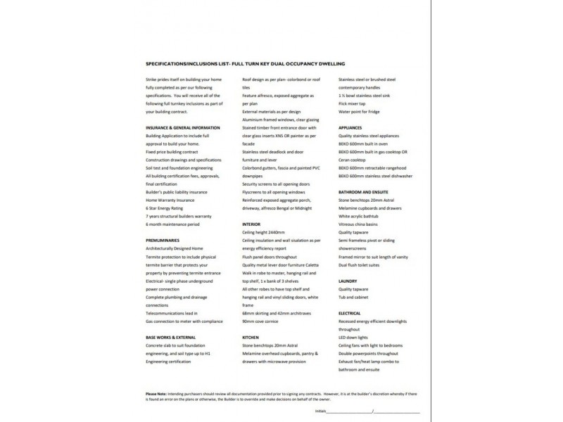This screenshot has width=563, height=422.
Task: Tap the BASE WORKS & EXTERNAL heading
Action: coord(170,338)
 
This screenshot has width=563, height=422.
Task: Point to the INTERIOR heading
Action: coord(251,224)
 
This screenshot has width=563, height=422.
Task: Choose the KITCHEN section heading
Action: coord(251,338)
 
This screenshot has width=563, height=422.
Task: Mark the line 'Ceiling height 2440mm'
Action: coord(264,233)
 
